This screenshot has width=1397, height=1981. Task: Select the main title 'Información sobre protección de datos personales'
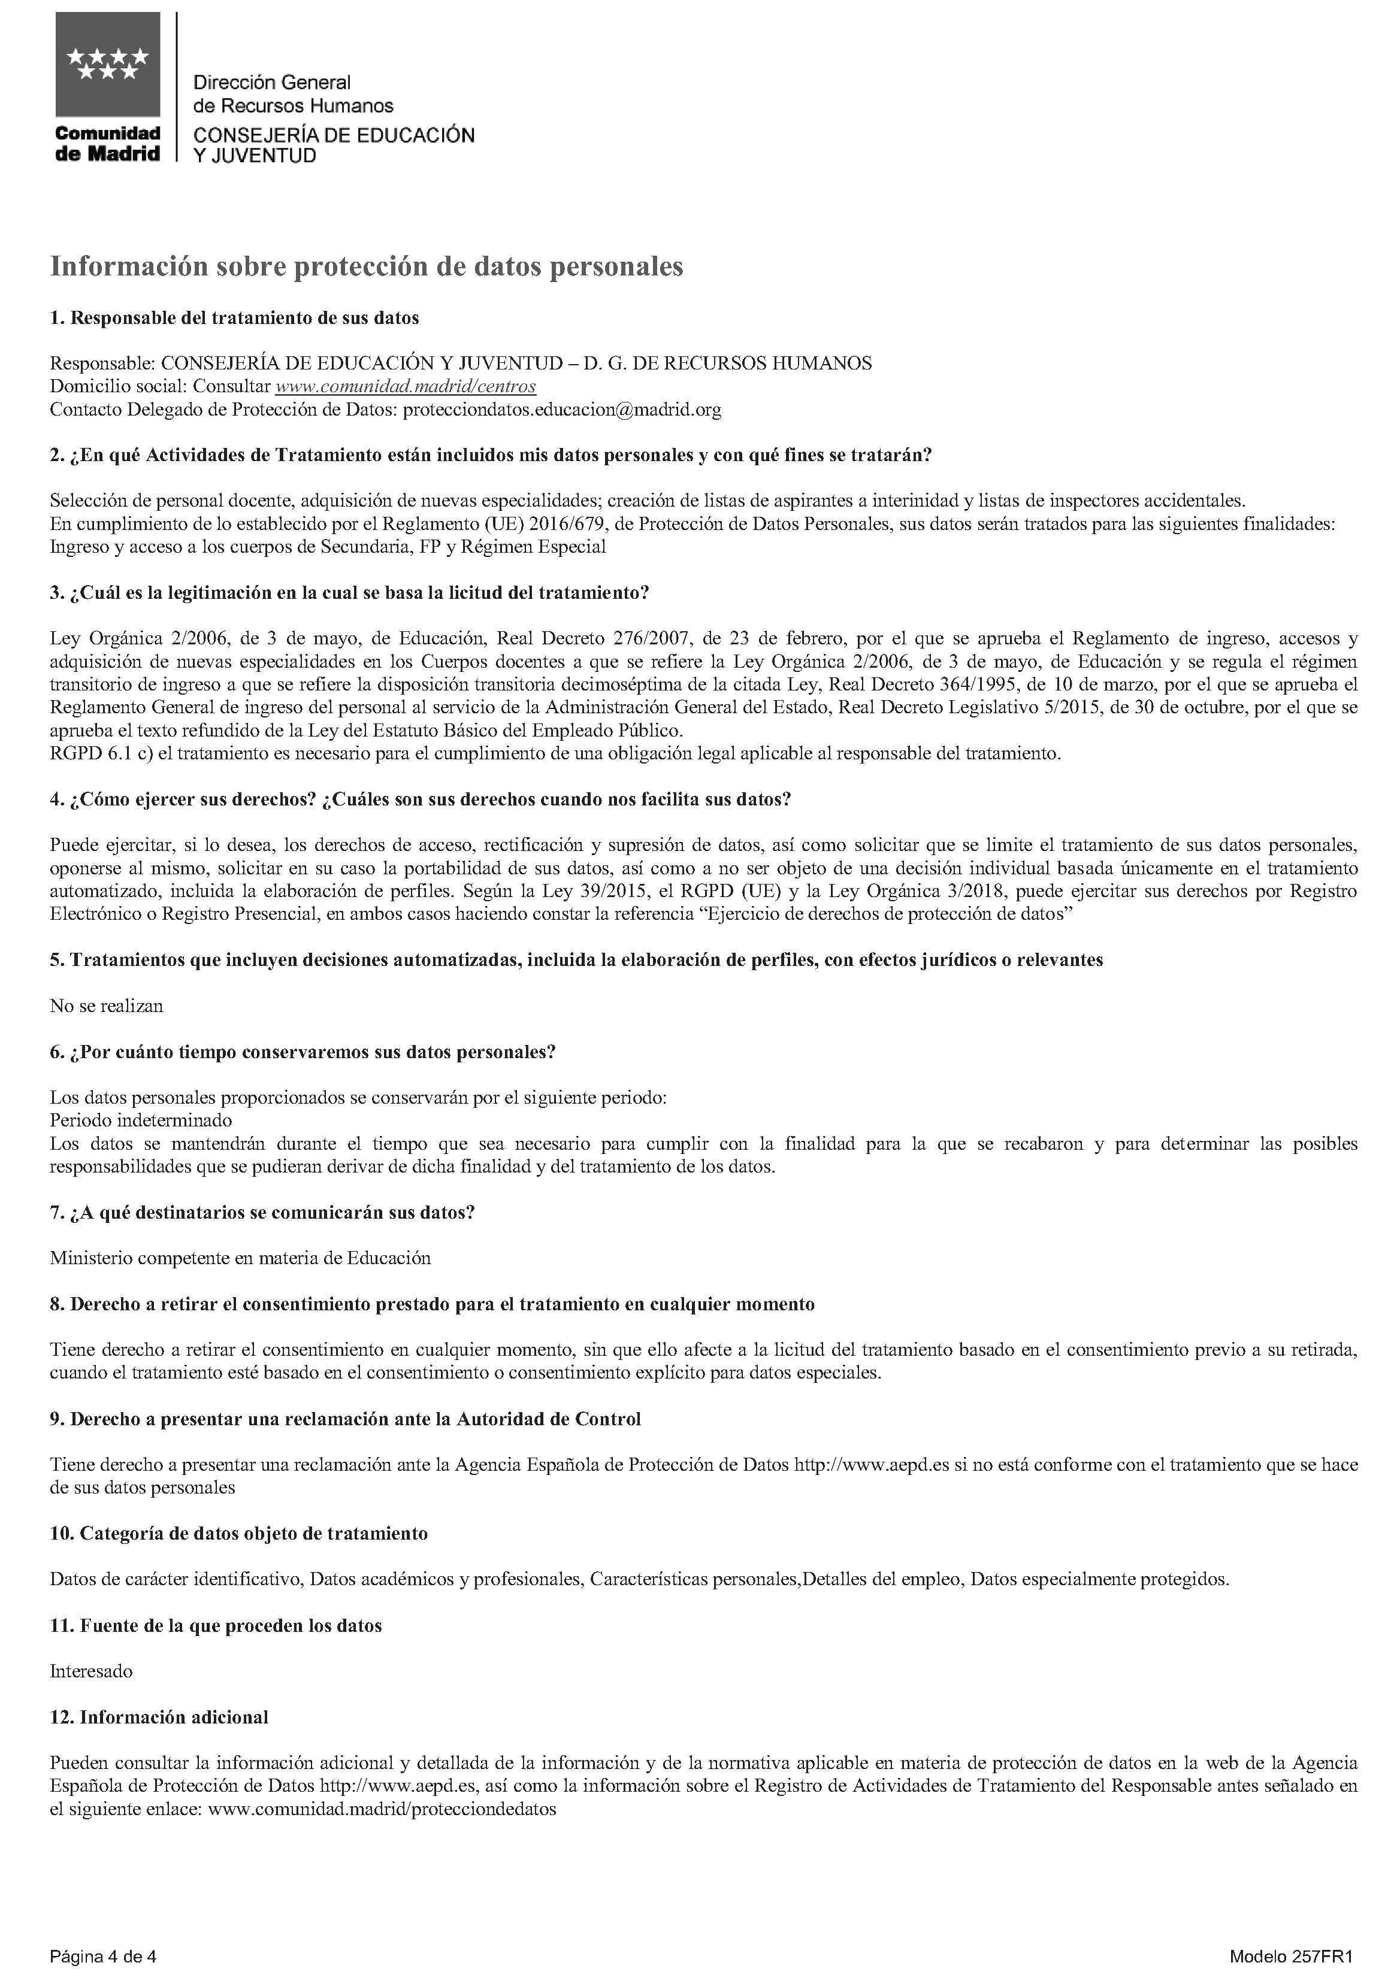point(366,266)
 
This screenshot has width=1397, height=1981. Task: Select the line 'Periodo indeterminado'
point(141,1121)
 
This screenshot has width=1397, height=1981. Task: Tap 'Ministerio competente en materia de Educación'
point(240,1258)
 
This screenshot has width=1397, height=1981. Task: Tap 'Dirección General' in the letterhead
point(272,83)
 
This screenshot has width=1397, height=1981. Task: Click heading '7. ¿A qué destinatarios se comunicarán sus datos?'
point(262,1212)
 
